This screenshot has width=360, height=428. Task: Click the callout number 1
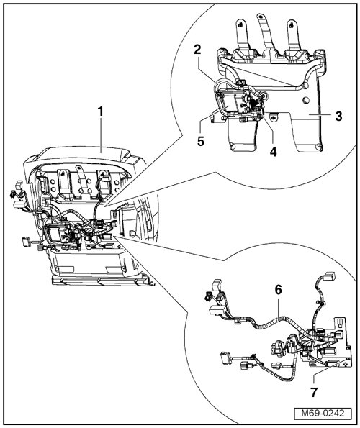pyautogui.click(x=101, y=111)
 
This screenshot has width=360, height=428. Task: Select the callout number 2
pyautogui.click(x=197, y=50)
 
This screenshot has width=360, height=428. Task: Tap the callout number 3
pyautogui.click(x=338, y=117)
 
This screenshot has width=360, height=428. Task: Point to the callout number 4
pyautogui.click(x=273, y=152)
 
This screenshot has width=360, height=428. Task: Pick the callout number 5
pyautogui.click(x=201, y=142)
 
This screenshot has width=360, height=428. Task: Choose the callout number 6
pyautogui.click(x=278, y=290)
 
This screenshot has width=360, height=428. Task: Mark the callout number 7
pyautogui.click(x=314, y=393)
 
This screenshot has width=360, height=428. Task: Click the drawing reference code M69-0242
pyautogui.click(x=323, y=413)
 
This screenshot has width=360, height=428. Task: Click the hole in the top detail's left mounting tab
pyautogui.click(x=240, y=24)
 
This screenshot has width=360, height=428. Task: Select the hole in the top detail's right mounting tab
pyautogui.click(x=292, y=24)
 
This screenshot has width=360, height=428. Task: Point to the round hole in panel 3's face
pyautogui.click(x=306, y=100)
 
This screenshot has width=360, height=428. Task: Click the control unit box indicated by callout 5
pyautogui.click(x=229, y=104)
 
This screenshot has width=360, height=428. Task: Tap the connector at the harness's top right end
pyautogui.click(x=329, y=276)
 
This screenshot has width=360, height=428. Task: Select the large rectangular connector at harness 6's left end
pyautogui.click(x=217, y=311)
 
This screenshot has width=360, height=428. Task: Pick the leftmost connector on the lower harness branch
pyautogui.click(x=225, y=357)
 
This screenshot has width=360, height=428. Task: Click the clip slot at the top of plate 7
pyautogui.click(x=341, y=322)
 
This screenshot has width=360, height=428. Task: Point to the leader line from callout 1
pyautogui.click(x=101, y=135)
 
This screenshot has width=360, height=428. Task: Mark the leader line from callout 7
pyautogui.click(x=328, y=368)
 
